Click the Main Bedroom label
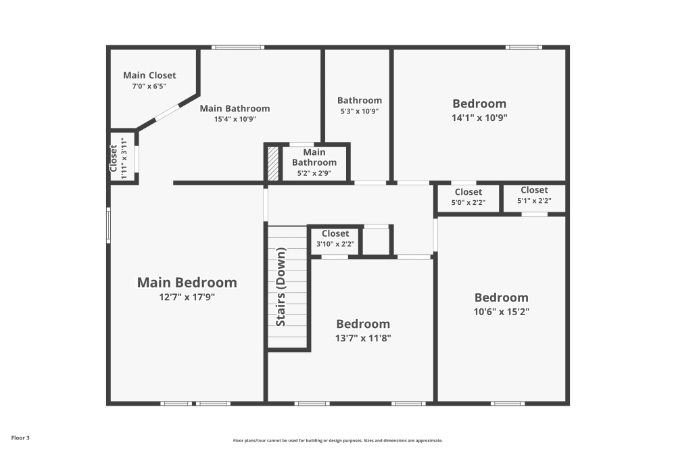(187, 283)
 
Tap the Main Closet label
(149, 75)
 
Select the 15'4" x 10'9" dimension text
(235, 119)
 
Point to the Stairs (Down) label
(281, 287)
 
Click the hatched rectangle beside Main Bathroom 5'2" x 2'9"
(272, 163)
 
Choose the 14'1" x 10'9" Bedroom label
(479, 103)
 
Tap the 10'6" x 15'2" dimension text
(501, 312)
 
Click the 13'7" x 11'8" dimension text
(363, 338)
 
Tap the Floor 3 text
(20, 437)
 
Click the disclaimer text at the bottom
(338, 440)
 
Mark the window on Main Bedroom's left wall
(107, 224)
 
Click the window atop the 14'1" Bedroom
(524, 47)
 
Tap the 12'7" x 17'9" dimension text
(187, 297)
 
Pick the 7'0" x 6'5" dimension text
(149, 87)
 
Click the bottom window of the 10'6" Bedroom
(508, 404)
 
